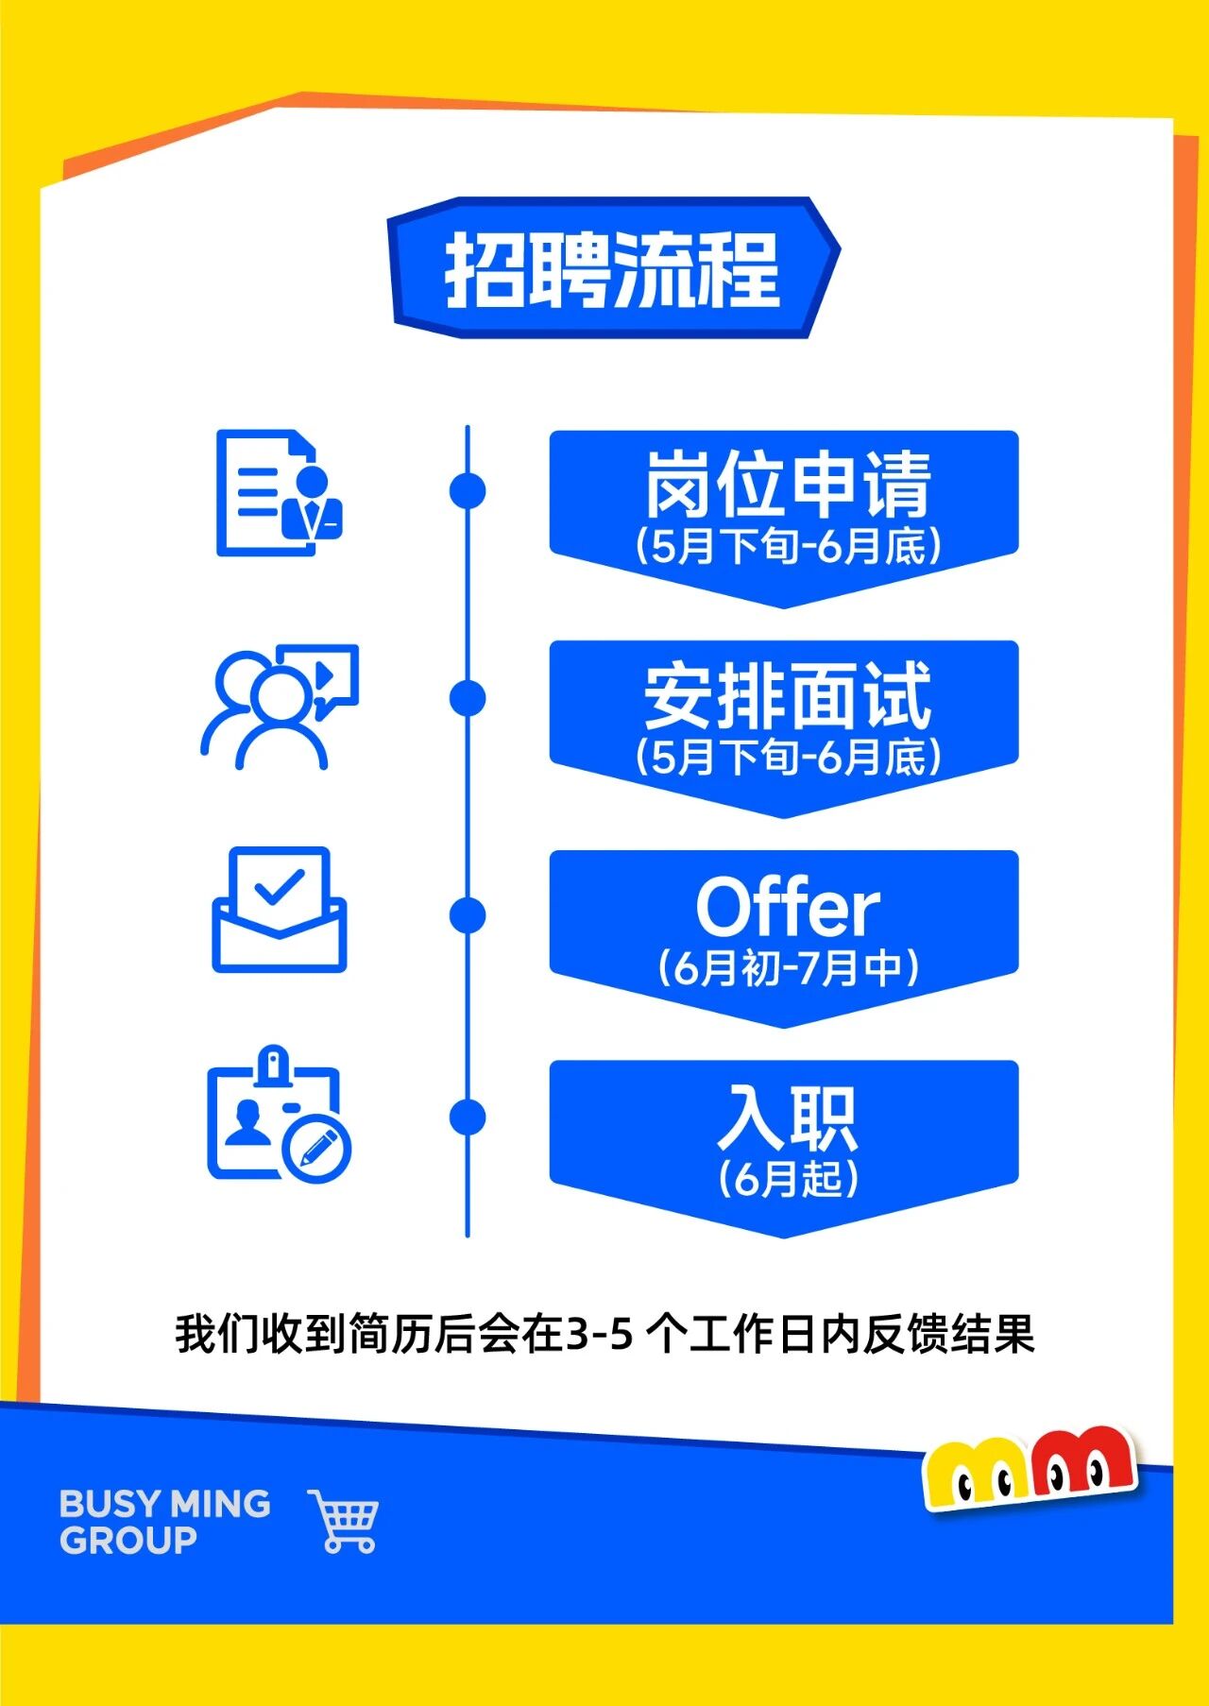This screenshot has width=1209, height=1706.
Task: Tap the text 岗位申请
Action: pyautogui.click(x=788, y=484)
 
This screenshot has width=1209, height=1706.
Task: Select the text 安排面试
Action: pyautogui.click(x=788, y=695)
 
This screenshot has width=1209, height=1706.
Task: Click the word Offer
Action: pyautogui.click(x=788, y=907)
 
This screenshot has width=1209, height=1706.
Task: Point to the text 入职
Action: pyautogui.click(x=788, y=1117)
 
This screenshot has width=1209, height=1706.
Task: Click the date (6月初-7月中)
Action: pyautogui.click(x=788, y=968)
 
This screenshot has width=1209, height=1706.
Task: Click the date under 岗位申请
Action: pyautogui.click(x=788, y=547)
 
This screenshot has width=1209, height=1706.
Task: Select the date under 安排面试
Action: pyautogui.click(x=788, y=758)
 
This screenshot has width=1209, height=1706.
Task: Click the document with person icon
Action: pyautogui.click(x=279, y=493)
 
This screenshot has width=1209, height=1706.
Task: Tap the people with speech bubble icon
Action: pyautogui.click(x=280, y=707)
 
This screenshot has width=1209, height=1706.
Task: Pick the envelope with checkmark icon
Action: pyautogui.click(x=280, y=910)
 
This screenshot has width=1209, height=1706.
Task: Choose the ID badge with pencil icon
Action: pyautogui.click(x=279, y=1115)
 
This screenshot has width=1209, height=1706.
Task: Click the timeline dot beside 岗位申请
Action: pyautogui.click(x=468, y=490)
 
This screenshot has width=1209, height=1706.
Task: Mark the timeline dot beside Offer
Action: pyautogui.click(x=468, y=914)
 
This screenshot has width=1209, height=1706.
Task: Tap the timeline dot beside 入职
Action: pyautogui.click(x=468, y=1117)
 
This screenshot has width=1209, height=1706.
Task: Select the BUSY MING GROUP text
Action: pyautogui.click(x=165, y=1522)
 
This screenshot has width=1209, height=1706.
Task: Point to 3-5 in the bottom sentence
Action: pyautogui.click(x=600, y=1335)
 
